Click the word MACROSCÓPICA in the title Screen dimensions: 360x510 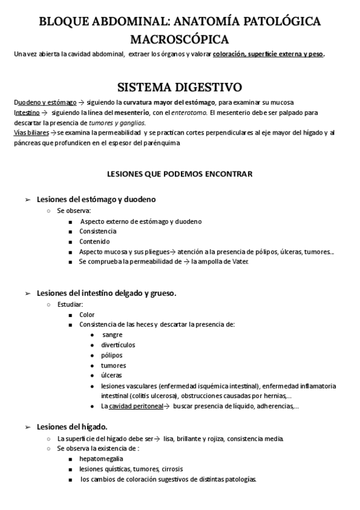point(180,39)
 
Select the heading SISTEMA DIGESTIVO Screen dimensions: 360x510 point(179,88)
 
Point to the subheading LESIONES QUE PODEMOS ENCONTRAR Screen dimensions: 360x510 point(180,174)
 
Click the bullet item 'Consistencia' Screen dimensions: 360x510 point(97,231)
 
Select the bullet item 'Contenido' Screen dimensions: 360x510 point(94,241)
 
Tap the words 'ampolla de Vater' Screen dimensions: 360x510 point(225,262)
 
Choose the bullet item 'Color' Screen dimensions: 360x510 point(87,315)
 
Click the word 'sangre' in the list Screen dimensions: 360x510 point(112,334)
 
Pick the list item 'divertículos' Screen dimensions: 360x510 point(118,345)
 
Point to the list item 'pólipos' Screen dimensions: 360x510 point(112,355)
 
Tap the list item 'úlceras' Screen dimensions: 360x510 point(112,375)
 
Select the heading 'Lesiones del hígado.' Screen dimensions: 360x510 point(72,426)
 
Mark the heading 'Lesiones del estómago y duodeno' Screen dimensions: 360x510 point(97,199)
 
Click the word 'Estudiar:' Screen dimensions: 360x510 point(70,304)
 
